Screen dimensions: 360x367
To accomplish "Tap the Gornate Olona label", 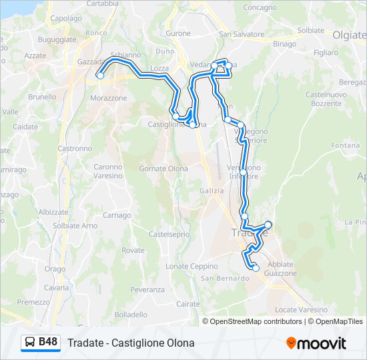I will [163, 169].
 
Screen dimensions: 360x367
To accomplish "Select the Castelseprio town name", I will [169, 234].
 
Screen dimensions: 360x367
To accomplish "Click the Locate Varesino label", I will [301, 309].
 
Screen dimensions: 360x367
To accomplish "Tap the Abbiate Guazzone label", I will [280, 269].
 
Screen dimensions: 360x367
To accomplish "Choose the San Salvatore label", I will [240, 34].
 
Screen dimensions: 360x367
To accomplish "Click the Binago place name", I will [284, 43].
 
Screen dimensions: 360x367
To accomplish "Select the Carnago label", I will [117, 215].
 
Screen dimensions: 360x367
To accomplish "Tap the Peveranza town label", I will [147, 289].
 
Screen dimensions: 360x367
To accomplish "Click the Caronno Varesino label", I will [107, 171].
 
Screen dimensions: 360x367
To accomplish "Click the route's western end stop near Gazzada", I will [100, 75].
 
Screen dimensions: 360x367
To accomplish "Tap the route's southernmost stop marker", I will [255, 267].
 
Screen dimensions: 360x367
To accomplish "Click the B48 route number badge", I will [48, 342].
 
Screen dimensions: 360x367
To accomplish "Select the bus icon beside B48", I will [31, 343].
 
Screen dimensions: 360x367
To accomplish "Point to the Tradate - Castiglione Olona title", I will [131, 343].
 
